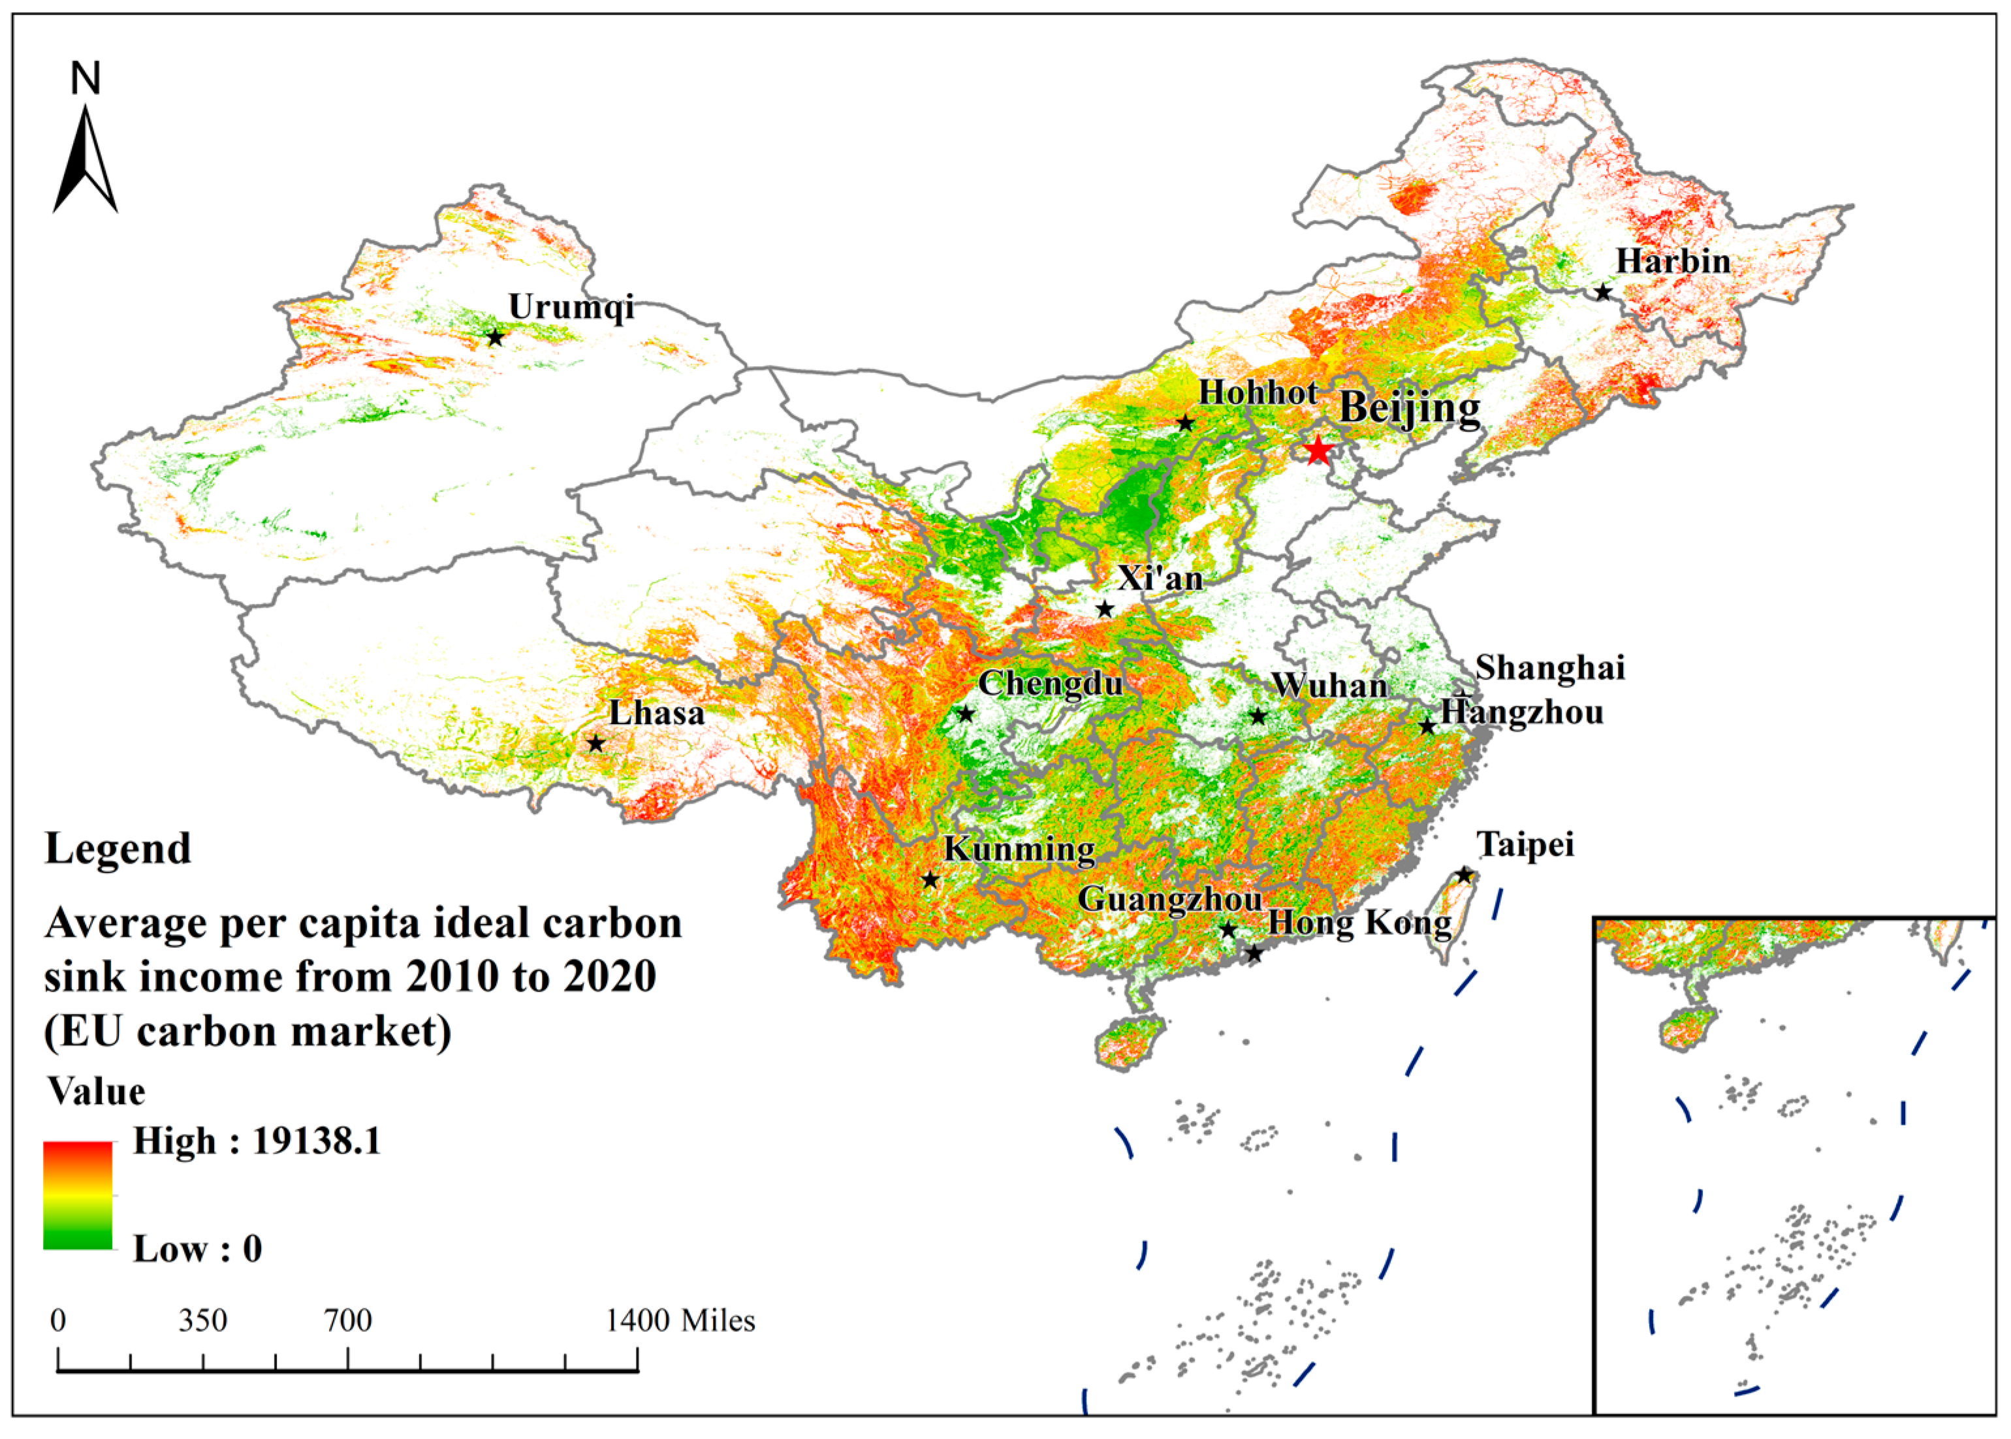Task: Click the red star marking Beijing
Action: [x=1318, y=450]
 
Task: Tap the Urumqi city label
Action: [x=571, y=307]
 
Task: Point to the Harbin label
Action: [x=1673, y=261]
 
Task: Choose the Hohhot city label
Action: [x=1258, y=392]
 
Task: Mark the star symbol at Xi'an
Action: [x=1105, y=609]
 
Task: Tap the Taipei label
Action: [x=1525, y=844]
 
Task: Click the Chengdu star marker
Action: [x=966, y=713]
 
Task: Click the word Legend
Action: [x=118, y=848]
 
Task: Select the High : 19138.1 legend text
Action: [x=257, y=1141]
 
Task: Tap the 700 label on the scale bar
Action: [x=347, y=1320]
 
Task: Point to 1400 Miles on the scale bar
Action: [x=680, y=1320]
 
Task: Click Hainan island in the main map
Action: [x=1129, y=1042]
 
